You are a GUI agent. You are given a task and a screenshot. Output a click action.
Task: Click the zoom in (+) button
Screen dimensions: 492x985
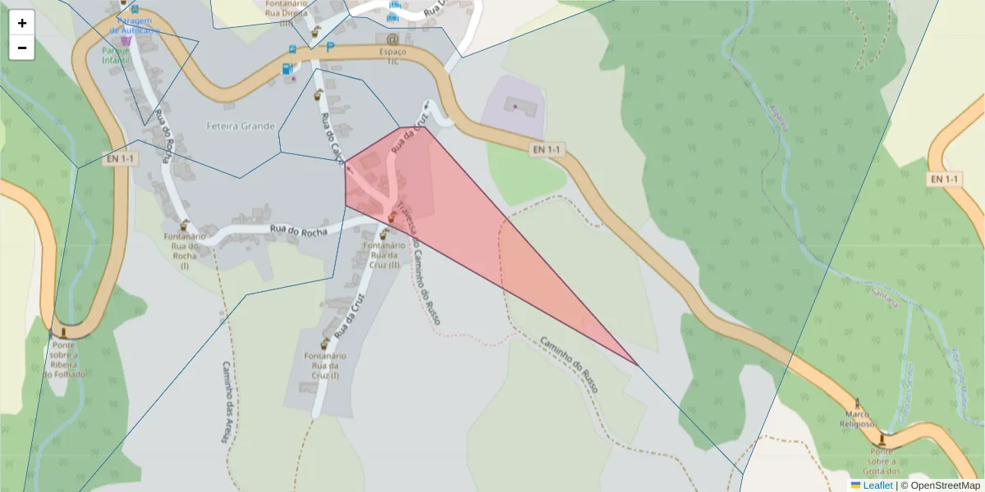(x=22, y=23)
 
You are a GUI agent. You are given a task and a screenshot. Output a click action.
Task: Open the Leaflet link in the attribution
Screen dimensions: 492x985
(x=877, y=485)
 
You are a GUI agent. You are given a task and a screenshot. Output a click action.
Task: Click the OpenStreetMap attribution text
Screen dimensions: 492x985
(x=945, y=485)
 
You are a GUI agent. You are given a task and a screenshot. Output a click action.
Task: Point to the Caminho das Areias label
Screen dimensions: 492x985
(x=226, y=402)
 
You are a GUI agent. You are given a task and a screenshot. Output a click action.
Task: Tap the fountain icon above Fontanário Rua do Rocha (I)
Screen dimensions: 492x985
(x=184, y=225)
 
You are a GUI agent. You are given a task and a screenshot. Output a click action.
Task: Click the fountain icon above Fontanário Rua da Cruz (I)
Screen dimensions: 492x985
(x=325, y=344)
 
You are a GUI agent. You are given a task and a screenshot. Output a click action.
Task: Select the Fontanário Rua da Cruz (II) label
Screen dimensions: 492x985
(x=383, y=255)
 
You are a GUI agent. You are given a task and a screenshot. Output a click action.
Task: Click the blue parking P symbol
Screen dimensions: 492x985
(x=331, y=48)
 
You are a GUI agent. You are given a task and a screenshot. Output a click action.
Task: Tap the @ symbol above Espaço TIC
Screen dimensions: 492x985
(x=392, y=39)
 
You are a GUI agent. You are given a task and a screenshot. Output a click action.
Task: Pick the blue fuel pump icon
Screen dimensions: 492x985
(x=286, y=69)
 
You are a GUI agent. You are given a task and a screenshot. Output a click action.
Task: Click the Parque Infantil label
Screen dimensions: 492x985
(x=117, y=55)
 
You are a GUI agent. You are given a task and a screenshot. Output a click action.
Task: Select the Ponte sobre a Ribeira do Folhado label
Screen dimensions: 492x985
(x=62, y=359)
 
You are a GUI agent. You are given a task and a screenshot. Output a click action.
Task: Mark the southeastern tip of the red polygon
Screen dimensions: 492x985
(x=637, y=365)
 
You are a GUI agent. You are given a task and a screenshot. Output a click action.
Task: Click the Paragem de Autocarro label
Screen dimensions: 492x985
(x=135, y=25)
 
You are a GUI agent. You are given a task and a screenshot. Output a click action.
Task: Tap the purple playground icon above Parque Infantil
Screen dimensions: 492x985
(x=126, y=40)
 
